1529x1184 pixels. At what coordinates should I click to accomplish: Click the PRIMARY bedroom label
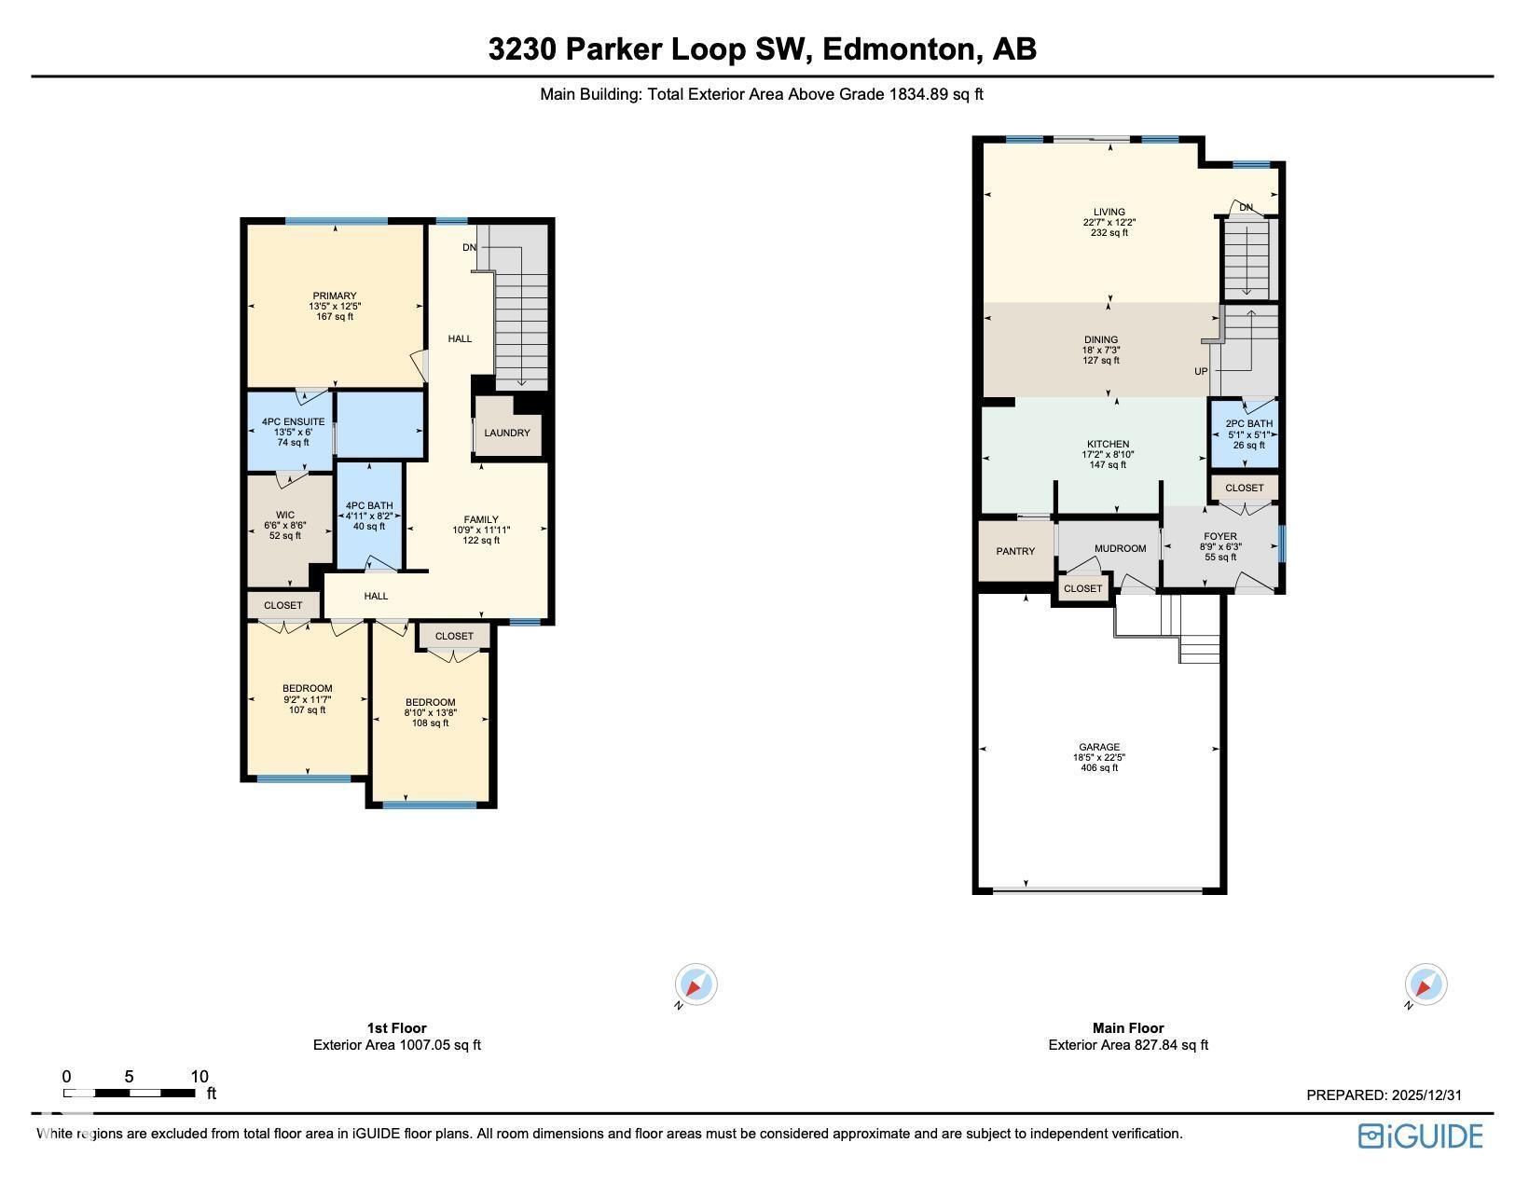coord(334,296)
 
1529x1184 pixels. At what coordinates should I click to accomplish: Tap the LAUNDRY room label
coord(507,433)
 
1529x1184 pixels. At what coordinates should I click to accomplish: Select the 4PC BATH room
coord(369,516)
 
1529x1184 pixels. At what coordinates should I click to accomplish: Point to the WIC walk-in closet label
coord(285,516)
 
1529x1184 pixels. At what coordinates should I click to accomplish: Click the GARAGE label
coord(1099,747)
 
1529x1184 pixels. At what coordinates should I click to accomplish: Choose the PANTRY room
coord(1015,551)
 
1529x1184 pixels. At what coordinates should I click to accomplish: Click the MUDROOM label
coord(1120,548)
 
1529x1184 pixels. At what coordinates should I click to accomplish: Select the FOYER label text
coord(1219,537)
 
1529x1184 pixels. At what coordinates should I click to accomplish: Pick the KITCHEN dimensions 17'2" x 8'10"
coord(1108,455)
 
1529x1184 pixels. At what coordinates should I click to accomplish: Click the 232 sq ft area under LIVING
coord(1109,233)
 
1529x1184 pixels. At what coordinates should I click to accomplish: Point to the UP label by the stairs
coord(1201,371)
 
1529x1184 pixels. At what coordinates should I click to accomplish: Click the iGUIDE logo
coord(1420,1136)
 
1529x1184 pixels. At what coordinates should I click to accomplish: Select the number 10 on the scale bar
coord(200,1077)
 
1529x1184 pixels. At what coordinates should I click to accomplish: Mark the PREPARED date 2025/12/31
coord(1426,1095)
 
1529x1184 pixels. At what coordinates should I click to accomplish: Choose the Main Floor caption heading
coord(1128,1028)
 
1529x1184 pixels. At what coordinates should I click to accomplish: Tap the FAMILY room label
coord(481,519)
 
